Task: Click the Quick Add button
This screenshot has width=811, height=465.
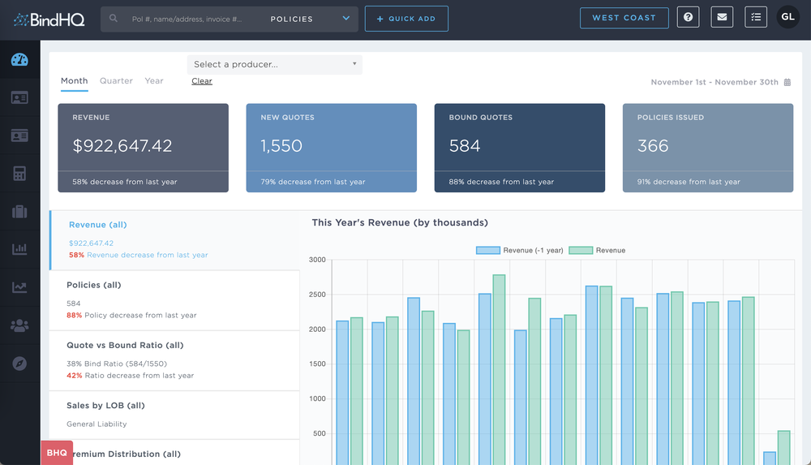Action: pos(406,19)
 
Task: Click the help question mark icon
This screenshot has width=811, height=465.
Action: pos(688,18)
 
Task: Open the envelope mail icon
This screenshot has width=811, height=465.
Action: pos(722,18)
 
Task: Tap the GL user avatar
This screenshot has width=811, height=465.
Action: pos(787,18)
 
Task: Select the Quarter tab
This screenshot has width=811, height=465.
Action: pos(116,81)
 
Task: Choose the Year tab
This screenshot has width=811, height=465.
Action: pos(154,81)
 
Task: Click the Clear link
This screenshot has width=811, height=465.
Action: pos(202,81)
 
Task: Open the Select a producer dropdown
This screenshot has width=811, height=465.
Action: pos(274,64)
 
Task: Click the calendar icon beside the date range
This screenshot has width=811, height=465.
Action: pos(787,82)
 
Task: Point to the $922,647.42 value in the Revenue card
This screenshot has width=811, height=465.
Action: pos(122,146)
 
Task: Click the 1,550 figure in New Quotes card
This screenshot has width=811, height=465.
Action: pos(281,146)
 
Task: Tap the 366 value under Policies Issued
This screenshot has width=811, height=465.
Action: pos(653,146)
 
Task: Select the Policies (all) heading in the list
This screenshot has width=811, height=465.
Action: pos(105,285)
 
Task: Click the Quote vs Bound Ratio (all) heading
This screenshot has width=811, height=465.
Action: pos(125,345)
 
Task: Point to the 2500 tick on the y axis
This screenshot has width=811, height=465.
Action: pos(316,295)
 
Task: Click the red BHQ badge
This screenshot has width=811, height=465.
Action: pos(57,453)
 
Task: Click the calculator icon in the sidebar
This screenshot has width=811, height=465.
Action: pos(19,174)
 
